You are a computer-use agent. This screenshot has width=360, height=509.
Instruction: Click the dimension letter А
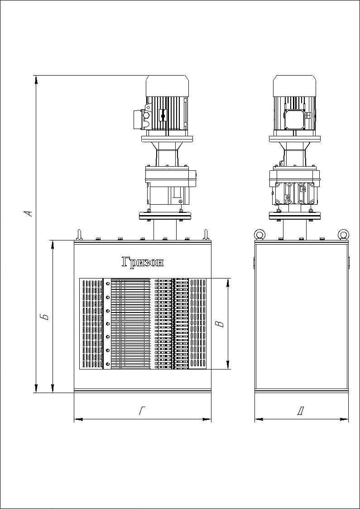click(x=29, y=213)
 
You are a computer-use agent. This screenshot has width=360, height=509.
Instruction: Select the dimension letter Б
click(x=46, y=317)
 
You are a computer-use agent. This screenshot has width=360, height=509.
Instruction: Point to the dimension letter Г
click(x=142, y=411)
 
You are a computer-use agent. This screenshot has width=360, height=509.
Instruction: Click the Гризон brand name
click(x=143, y=262)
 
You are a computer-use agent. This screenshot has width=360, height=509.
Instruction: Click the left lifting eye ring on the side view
click(x=259, y=234)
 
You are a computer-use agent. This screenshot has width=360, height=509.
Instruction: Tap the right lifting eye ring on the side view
click(x=343, y=234)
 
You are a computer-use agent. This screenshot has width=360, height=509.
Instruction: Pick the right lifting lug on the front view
click(x=205, y=234)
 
